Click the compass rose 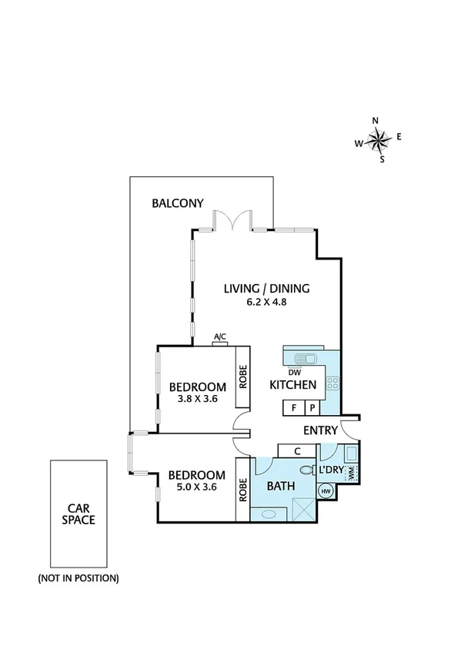click(378, 140)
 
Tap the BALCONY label click(177, 203)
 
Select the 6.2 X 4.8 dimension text click(266, 303)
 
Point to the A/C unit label click(220, 337)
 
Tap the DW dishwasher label click(294, 371)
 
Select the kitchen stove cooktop click(332, 383)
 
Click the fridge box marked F click(293, 408)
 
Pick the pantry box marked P click(312, 408)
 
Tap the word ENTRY click(320, 430)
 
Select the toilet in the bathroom click(306, 469)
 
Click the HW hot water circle click(325, 491)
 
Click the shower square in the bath click(302, 509)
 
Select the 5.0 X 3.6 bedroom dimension click(196, 488)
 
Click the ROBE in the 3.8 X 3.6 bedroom click(242, 376)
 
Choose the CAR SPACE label click(81, 514)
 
